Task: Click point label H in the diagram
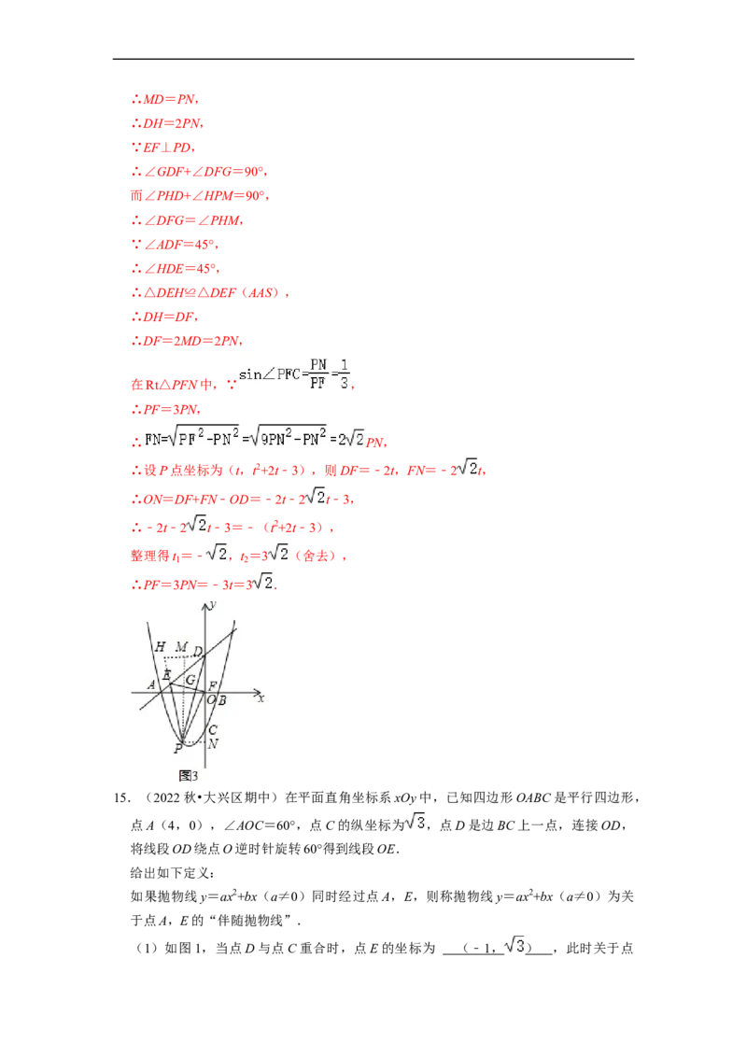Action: pos(160,646)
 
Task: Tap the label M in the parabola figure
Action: pos(181,646)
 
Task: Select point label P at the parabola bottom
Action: pos(178,748)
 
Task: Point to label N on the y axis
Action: pos(213,744)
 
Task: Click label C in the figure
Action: pos(213,729)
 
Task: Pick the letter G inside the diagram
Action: pos(190,680)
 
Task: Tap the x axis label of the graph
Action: pos(261,698)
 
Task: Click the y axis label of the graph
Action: pos(213,604)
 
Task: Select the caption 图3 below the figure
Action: pos(188,776)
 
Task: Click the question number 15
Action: pos(121,798)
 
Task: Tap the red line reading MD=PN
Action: pos(165,99)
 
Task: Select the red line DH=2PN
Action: pos(167,123)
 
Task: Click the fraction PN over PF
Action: pos(318,373)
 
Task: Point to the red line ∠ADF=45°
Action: pos(175,244)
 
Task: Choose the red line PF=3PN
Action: pos(166,409)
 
